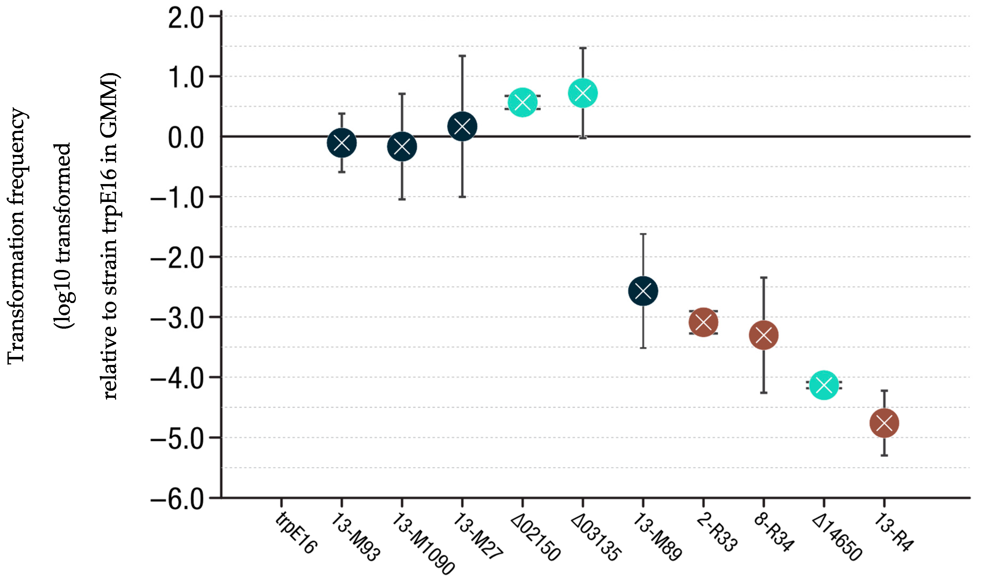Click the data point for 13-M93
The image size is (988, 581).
tap(341, 143)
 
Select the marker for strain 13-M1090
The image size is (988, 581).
tap(402, 146)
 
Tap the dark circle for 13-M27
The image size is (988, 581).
tap(462, 126)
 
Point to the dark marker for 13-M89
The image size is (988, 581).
tap(643, 291)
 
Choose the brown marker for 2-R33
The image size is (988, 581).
tap(703, 322)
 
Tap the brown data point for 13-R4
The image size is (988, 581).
tap(884, 423)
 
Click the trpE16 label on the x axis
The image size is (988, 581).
tap(296, 533)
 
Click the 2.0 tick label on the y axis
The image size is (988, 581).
tap(186, 18)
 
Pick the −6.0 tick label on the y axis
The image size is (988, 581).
tap(177, 500)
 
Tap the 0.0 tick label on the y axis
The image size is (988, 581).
tap(186, 138)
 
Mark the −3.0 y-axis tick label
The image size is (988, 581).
tap(177, 319)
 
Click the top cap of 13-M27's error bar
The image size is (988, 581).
tap(462, 56)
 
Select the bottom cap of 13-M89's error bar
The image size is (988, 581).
tap(643, 348)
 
